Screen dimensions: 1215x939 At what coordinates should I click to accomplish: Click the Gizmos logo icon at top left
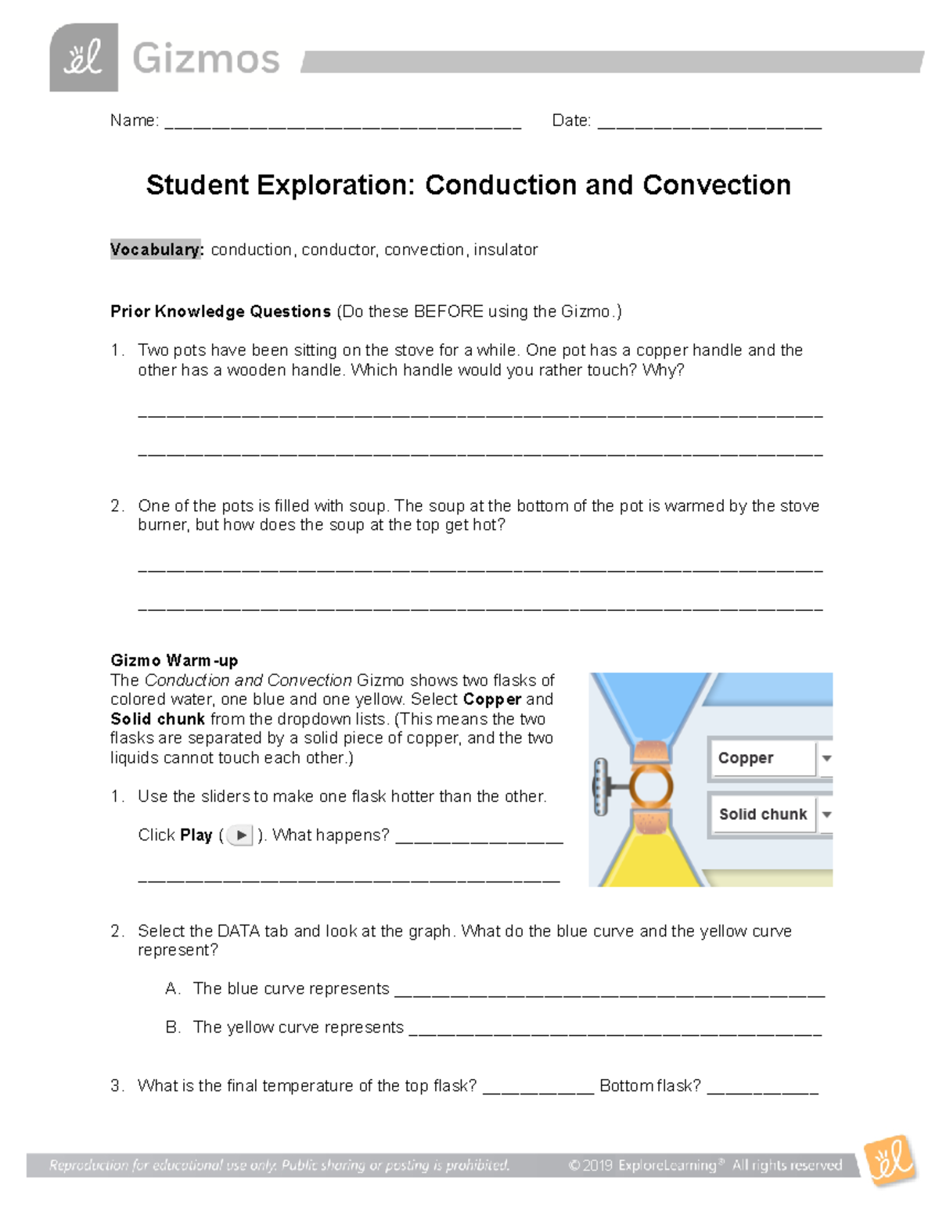click(x=84, y=57)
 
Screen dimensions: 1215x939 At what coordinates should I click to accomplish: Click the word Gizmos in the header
click(x=205, y=59)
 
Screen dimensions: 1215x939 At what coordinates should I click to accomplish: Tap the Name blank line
click(x=343, y=124)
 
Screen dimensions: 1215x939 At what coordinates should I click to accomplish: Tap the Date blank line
click(x=709, y=124)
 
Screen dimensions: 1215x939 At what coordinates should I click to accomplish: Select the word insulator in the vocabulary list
click(x=505, y=250)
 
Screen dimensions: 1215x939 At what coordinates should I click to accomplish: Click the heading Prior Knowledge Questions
click(x=221, y=311)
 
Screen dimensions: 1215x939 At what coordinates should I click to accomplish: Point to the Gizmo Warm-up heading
click(x=174, y=660)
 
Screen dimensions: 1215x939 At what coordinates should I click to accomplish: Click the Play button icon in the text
click(x=240, y=835)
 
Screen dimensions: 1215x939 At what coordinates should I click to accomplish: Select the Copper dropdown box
click(x=771, y=757)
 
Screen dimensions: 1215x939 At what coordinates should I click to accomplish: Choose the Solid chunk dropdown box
click(x=771, y=814)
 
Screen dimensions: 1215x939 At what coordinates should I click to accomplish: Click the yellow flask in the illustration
click(x=649, y=857)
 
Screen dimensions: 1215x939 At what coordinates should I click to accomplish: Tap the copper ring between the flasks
click(x=650, y=785)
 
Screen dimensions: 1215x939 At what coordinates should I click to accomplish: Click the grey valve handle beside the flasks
click(x=602, y=785)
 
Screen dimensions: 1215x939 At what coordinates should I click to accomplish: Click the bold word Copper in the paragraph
click(x=491, y=699)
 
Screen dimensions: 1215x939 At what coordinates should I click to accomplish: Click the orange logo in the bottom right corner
click(x=890, y=1160)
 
